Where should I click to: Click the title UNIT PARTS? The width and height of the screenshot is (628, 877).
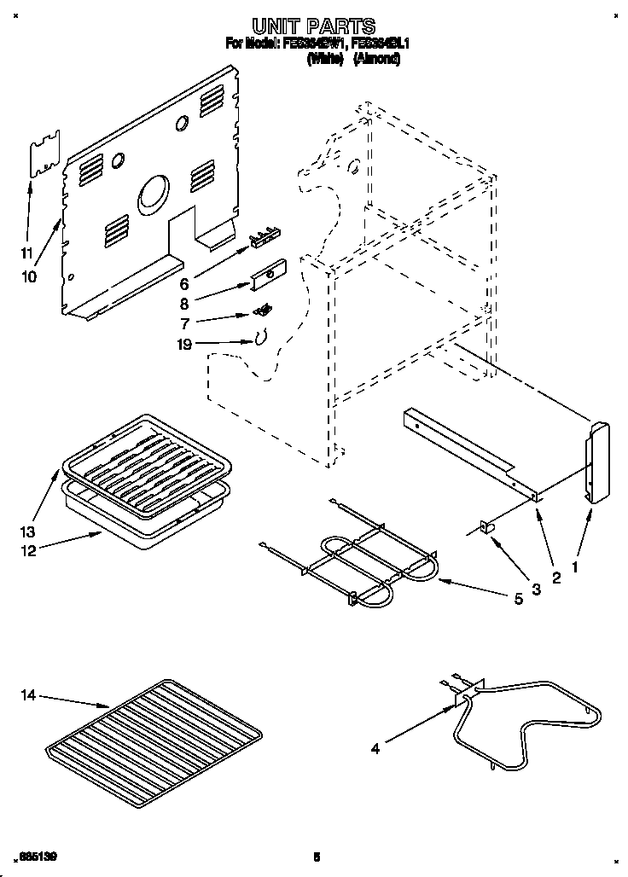(x=313, y=26)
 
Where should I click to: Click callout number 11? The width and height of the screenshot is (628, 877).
(x=26, y=253)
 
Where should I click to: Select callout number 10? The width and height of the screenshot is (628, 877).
(x=29, y=277)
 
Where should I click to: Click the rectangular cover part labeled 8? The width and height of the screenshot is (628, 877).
(x=270, y=272)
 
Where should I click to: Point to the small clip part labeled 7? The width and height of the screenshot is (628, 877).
(x=266, y=308)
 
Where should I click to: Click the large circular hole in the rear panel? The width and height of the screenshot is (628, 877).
(x=154, y=192)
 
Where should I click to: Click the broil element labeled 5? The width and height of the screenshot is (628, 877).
(x=358, y=563)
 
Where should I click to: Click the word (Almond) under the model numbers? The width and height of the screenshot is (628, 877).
(x=375, y=60)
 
